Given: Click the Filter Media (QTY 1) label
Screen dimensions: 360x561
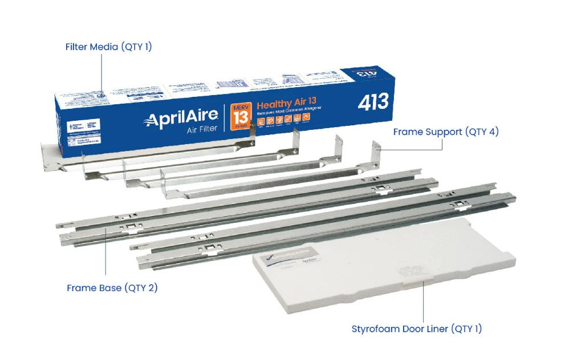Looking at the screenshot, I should pyautogui.click(x=108, y=47).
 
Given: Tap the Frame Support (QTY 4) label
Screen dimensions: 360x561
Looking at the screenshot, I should pyautogui.click(x=446, y=132).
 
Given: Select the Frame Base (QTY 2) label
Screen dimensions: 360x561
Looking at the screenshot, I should pyautogui.click(x=112, y=288).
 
